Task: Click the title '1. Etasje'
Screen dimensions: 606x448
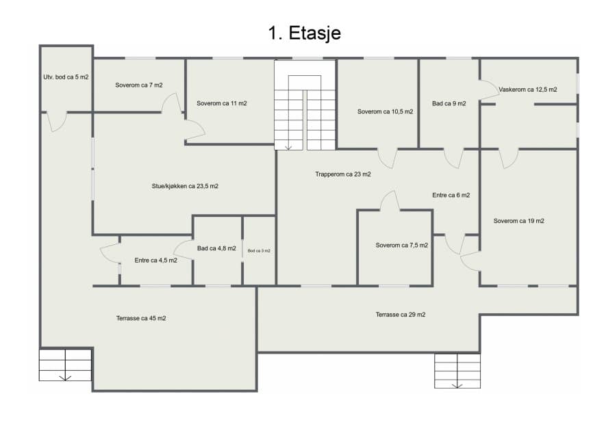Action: pos(305,33)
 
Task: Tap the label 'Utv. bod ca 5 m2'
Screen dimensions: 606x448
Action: pos(66,77)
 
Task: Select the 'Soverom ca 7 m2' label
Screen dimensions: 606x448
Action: pos(139,85)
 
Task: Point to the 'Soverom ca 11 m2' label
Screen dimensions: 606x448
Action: pos(221,103)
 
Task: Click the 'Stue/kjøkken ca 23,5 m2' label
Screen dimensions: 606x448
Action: pos(185,186)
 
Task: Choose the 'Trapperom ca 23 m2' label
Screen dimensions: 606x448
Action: pos(343,174)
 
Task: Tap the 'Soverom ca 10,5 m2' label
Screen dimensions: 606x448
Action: pos(385,111)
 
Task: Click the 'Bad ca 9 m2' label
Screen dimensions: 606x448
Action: pos(449,103)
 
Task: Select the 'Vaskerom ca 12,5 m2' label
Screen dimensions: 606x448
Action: pos(527,90)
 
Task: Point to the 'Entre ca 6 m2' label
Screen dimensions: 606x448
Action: pos(451,195)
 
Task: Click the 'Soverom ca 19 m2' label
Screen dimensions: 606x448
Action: pos(518,221)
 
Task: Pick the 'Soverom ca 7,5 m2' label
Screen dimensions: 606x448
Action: pos(401,246)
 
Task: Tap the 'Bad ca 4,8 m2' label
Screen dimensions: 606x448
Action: pos(216,248)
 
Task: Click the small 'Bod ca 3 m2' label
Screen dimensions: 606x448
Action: pos(259,250)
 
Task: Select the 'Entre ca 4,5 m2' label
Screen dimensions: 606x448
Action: pos(155,261)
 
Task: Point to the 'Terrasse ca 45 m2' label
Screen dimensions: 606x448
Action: pos(141,318)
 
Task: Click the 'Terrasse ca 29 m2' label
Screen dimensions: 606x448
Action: pos(401,315)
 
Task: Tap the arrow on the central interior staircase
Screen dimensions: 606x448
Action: pos(288,148)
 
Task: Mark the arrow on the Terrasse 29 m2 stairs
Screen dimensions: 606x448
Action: pos(457,386)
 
